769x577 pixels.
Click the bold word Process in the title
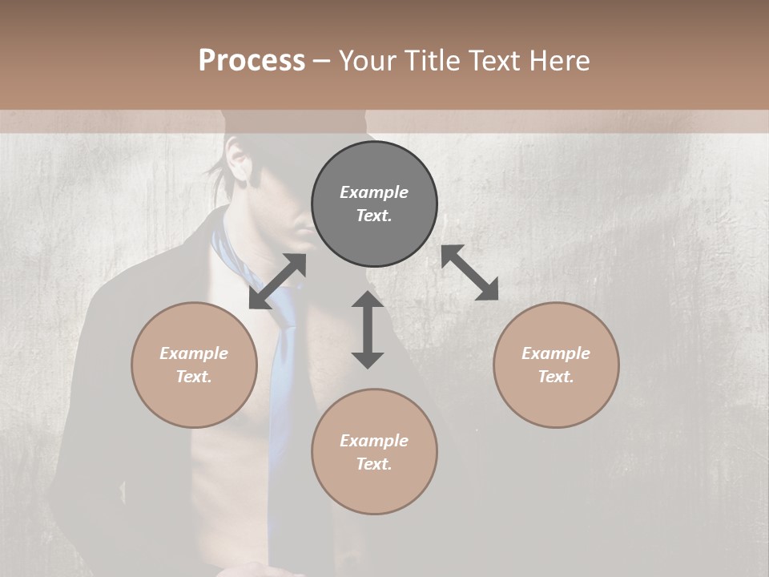[252, 61]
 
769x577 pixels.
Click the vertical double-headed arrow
[368, 329]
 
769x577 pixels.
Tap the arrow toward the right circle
[469, 272]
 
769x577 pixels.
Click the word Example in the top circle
[374, 192]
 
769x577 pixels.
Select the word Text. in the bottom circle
[374, 464]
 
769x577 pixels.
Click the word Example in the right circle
[556, 353]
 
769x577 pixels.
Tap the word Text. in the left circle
[194, 377]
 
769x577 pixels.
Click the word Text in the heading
[497, 61]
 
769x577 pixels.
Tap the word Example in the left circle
[194, 353]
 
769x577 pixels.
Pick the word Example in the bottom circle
[374, 441]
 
